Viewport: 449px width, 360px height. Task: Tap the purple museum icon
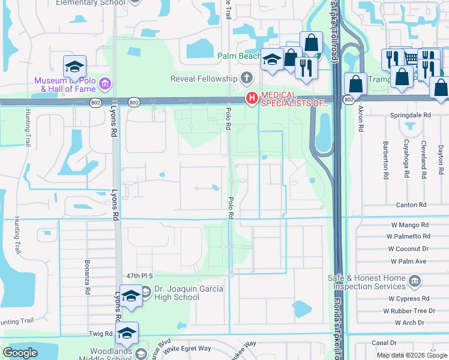105,83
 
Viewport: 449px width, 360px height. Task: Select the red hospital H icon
252,98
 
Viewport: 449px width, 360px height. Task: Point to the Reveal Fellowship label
204,79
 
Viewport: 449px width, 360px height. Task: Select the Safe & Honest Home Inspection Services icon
415,281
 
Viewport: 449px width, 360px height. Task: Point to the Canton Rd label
411,205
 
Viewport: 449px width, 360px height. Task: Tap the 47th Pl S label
140,276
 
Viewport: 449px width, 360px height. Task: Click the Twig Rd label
101,334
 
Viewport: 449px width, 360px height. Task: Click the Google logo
20,353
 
